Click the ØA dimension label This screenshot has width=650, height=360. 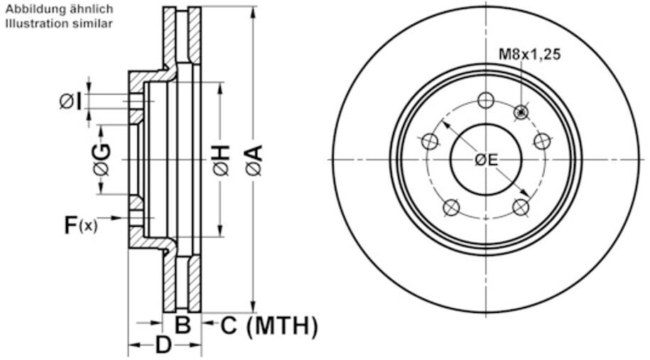(254, 160)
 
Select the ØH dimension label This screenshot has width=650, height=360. (221, 160)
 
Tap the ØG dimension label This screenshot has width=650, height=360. (101, 160)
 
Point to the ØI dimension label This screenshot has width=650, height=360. (70, 101)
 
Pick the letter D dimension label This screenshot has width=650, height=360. (163, 346)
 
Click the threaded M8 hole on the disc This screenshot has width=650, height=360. (522, 111)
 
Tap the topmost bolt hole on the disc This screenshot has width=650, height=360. (486, 100)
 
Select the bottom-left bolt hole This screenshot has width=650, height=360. (451, 207)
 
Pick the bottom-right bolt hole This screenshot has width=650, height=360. (521, 207)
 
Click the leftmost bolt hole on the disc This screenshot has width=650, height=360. (429, 141)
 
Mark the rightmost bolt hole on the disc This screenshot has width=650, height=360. (543, 141)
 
